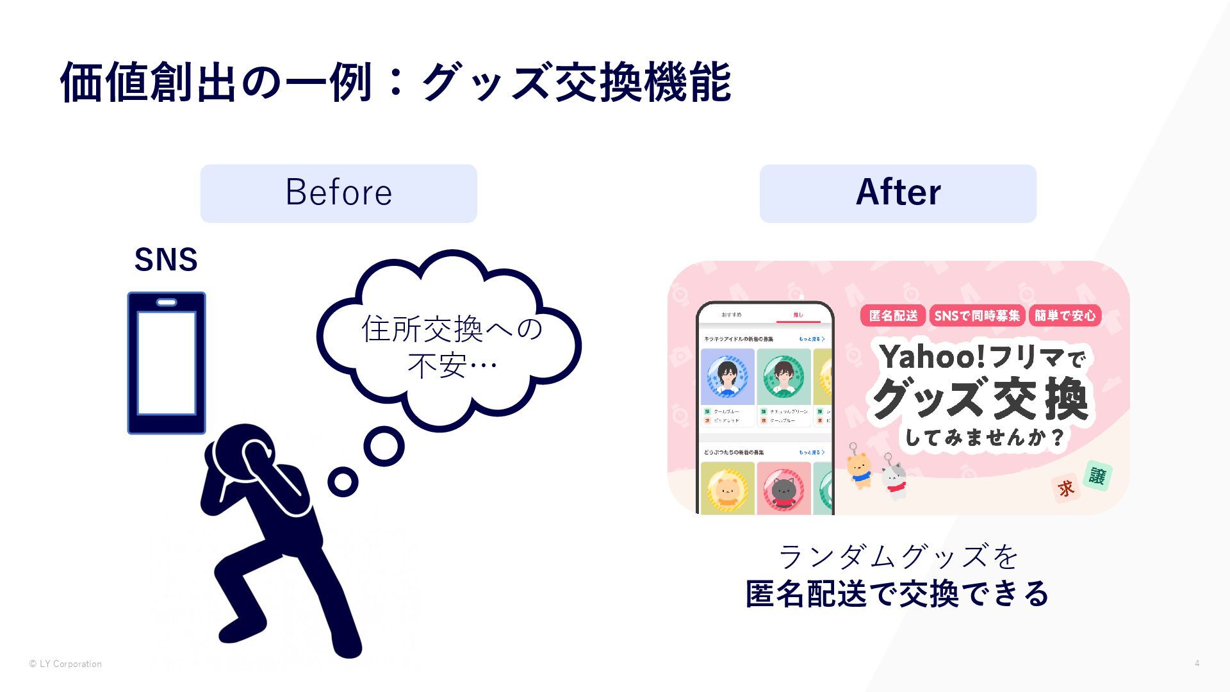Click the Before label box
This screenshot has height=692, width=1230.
coord(338,193)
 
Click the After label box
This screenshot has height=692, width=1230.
coord(898,193)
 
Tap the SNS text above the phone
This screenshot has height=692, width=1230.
coord(166,260)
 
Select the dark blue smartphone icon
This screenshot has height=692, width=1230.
coord(167,363)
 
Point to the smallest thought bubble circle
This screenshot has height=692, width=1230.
coord(343,482)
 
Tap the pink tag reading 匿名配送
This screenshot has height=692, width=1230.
coord(893,315)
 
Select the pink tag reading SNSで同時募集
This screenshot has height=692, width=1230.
coord(976,315)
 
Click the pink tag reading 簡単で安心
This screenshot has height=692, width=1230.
coord(1065,315)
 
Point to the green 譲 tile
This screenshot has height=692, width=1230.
coord(1097,476)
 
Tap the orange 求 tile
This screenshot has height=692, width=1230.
coord(1066,489)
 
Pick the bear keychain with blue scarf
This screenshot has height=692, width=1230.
coord(858,468)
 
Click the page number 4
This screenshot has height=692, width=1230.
coord(1197,663)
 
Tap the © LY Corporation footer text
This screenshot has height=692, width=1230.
coord(65,664)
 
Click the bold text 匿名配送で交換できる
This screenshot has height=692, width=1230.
coord(897,593)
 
